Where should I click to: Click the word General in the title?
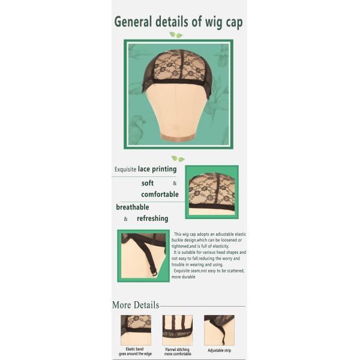click(133, 22)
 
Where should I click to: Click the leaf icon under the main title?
click(176, 35)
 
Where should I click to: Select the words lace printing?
click(157, 169)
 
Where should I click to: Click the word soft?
click(148, 183)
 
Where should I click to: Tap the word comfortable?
click(160, 194)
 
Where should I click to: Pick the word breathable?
click(133, 207)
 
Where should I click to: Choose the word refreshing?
click(152, 218)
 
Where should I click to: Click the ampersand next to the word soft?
click(175, 184)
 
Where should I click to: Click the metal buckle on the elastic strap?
click(155, 273)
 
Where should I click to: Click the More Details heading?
click(136, 305)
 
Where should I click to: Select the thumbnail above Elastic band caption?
click(136, 330)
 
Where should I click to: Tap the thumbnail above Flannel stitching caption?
click(178, 330)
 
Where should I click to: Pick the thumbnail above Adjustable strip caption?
click(219, 330)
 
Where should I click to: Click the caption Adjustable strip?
click(219, 350)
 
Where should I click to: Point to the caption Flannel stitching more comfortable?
click(178, 352)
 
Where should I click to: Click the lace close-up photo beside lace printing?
click(212, 192)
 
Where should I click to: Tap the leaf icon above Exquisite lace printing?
click(178, 158)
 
